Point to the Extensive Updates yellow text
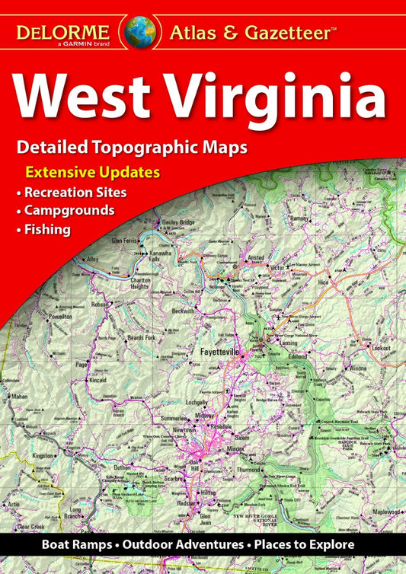tap(92, 172)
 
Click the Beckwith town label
tap(183, 311)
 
